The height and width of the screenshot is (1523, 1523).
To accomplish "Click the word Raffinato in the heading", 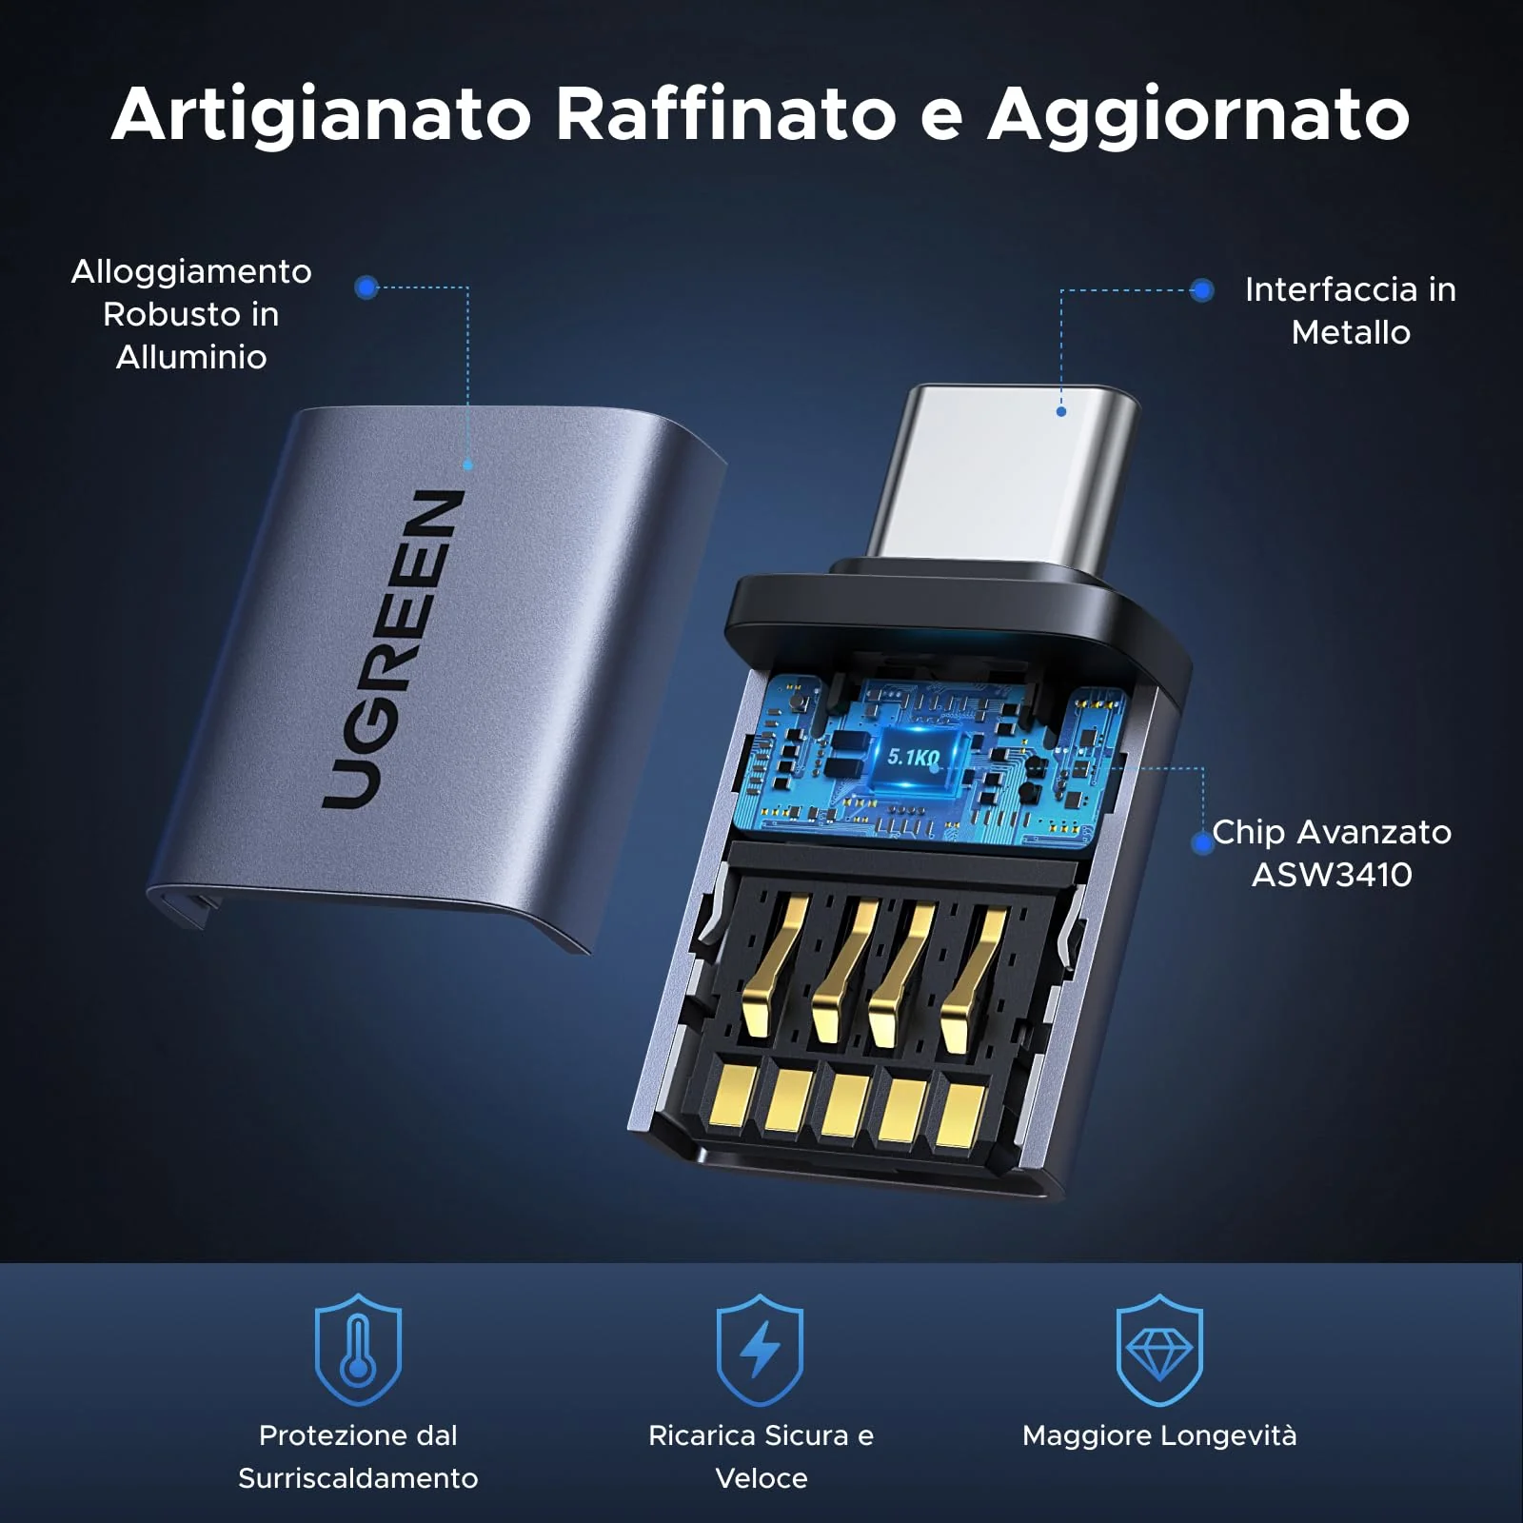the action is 725,113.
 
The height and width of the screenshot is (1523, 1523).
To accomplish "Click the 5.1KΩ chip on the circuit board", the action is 914,758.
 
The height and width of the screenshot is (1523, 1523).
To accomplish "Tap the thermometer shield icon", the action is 358,1349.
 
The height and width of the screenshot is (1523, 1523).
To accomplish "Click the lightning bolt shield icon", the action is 760,1349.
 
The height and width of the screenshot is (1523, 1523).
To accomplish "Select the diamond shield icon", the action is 1159,1349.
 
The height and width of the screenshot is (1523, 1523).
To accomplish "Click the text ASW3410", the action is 1332,875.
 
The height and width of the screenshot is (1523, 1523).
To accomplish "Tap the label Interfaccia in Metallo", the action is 1351,311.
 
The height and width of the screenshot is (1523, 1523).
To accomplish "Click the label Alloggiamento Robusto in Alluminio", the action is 191,314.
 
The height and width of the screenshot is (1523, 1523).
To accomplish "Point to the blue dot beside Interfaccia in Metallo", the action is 1202,290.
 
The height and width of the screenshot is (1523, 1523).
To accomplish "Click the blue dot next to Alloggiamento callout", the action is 366,287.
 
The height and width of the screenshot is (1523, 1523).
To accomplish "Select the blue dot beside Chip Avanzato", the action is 1202,842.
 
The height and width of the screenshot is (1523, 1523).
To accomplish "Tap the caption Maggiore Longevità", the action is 1159,1435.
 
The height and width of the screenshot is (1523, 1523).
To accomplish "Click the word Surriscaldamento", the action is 358,1478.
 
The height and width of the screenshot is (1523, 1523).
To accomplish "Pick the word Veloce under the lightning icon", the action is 761,1478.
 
